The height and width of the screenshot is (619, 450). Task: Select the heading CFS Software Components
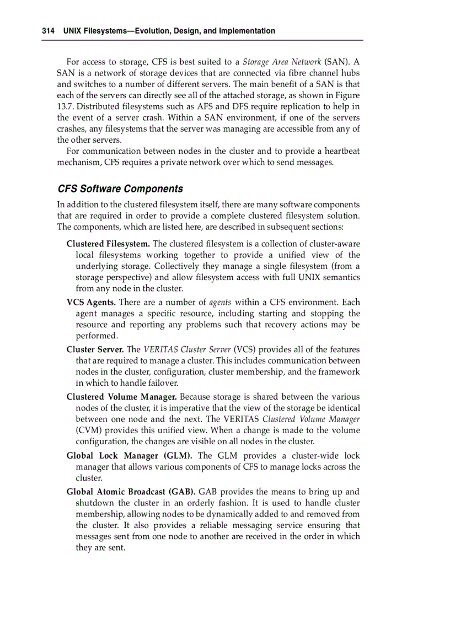tap(120, 189)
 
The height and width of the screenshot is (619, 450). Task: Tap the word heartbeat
tap(342, 151)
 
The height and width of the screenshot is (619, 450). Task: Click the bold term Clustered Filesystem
tap(108, 244)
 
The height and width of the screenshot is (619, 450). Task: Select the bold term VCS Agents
tap(91, 302)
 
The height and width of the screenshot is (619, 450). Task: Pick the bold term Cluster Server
tap(95, 349)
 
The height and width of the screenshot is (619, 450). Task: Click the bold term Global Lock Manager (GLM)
tap(129, 455)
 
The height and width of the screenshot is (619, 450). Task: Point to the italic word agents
tap(220, 303)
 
